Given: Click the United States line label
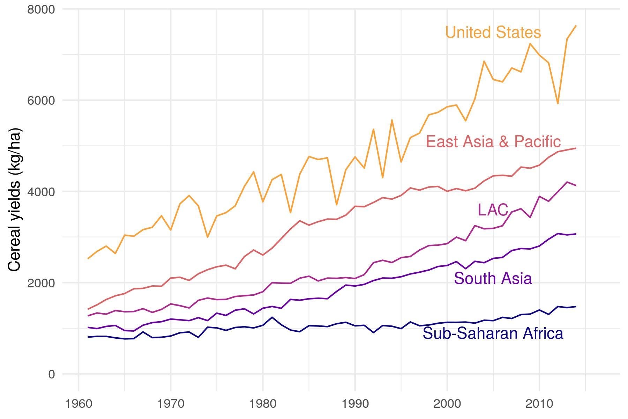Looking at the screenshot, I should [x=493, y=32].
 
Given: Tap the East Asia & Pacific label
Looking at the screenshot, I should [x=493, y=142].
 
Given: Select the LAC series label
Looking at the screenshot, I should [x=493, y=210].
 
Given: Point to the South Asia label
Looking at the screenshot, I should [x=493, y=279].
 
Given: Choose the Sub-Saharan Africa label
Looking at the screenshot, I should [x=493, y=333].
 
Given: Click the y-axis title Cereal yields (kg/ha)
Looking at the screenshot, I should [x=15, y=200].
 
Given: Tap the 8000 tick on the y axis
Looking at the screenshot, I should [x=41, y=9].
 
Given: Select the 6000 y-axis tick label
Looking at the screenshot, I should [x=41, y=101].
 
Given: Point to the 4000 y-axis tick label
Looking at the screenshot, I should [x=41, y=192].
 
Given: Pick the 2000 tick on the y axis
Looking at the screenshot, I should [x=41, y=283].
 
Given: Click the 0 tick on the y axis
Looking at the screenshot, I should [x=51, y=374].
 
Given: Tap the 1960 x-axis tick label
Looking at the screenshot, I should [x=78, y=404].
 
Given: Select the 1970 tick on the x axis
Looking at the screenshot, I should [x=171, y=404].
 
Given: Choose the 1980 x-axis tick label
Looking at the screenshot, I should [x=263, y=404].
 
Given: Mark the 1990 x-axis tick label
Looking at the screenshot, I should [x=355, y=404].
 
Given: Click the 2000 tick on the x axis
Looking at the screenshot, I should [x=447, y=404].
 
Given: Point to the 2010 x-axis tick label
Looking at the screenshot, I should [x=539, y=404].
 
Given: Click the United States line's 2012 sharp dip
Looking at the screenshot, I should [x=558, y=103].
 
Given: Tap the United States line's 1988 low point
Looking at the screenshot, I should [x=336, y=205].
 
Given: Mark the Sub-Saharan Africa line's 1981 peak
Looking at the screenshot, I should [x=272, y=317].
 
